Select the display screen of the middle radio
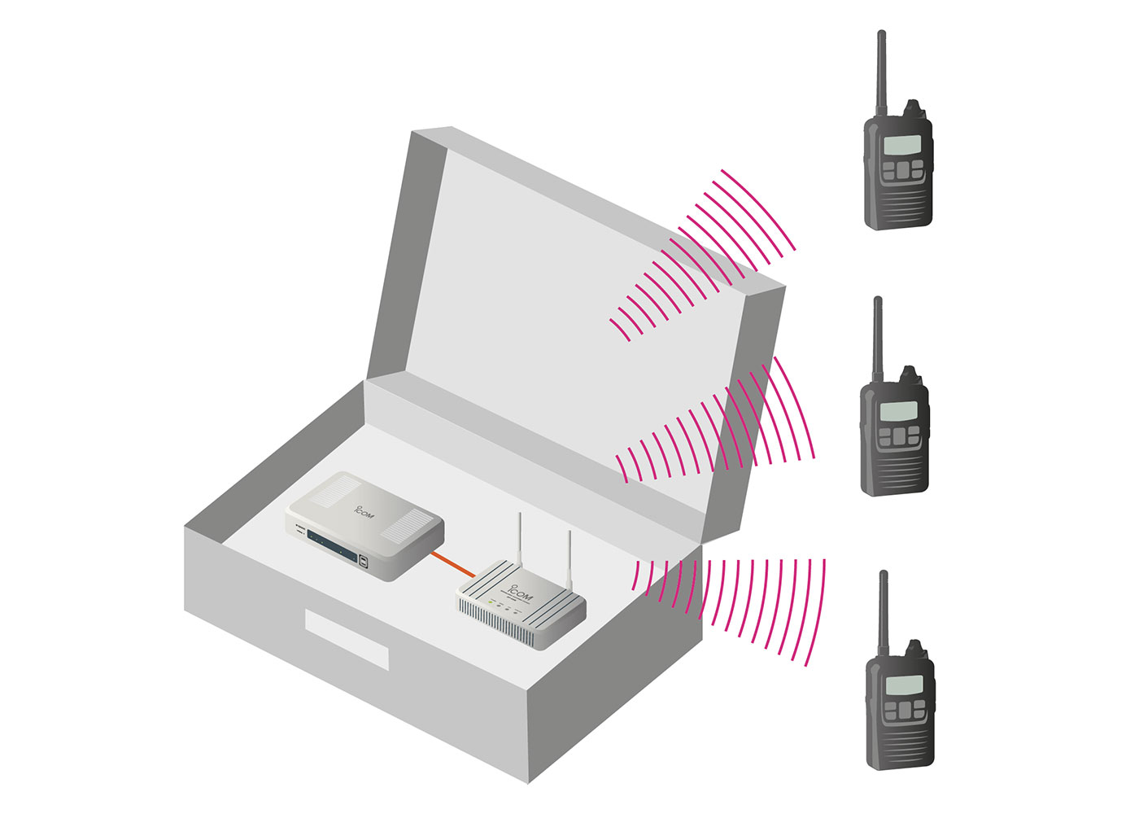[898, 411]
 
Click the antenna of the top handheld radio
[880, 73]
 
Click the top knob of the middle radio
[909, 375]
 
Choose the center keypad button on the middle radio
[899, 437]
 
